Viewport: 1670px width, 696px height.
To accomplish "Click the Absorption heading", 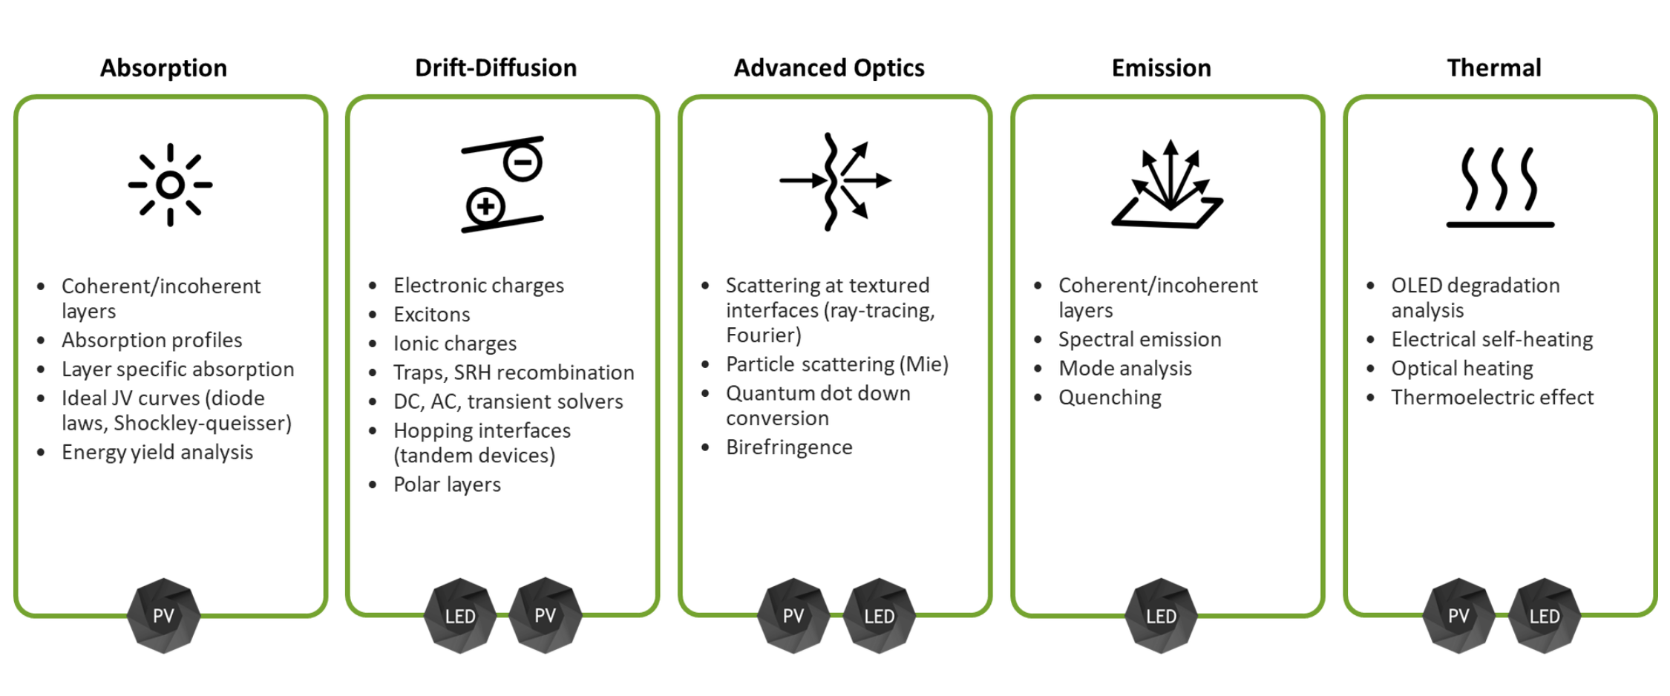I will [x=163, y=68].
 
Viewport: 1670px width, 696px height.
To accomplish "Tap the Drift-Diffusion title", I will [x=495, y=68].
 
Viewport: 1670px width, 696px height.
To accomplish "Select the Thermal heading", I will [x=1493, y=68].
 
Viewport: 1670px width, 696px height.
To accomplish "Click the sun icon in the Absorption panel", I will [x=170, y=185].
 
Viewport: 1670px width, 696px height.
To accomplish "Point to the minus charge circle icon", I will [x=523, y=162].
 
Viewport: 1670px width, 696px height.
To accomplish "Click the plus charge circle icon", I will [x=485, y=206].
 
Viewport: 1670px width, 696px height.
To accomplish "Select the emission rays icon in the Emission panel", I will [x=1168, y=186].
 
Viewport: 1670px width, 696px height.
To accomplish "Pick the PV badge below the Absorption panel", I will [x=163, y=616].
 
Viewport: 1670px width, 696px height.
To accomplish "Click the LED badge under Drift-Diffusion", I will [x=460, y=616].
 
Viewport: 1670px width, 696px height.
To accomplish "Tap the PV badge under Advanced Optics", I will [x=793, y=616].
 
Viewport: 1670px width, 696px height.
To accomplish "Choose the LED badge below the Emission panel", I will [x=1161, y=616].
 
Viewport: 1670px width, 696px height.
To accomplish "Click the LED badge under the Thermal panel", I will [x=1544, y=616].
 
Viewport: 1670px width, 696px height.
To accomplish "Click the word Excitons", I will [x=431, y=315].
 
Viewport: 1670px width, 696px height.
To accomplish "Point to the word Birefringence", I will [x=789, y=447].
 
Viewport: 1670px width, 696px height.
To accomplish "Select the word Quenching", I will [x=1110, y=398].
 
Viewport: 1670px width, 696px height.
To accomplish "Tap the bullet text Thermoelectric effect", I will [x=1492, y=398].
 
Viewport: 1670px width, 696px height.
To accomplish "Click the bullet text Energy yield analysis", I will [x=157, y=453].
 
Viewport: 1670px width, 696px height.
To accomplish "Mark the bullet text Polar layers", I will [x=447, y=485].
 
